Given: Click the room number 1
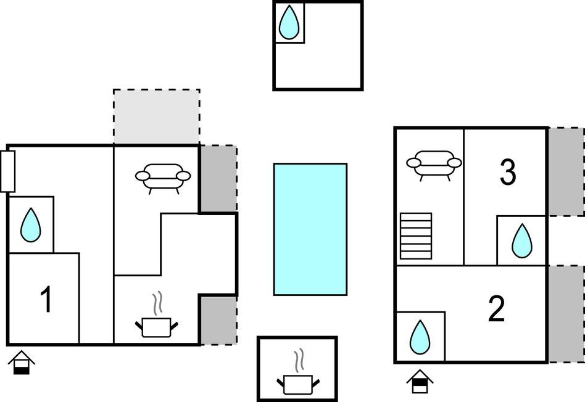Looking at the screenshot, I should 46,300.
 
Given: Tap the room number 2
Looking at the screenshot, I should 496,310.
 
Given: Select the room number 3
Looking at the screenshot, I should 507,173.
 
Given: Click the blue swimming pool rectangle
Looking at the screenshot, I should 310,229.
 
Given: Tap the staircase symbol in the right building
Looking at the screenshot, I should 416,236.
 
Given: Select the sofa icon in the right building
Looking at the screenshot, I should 434,165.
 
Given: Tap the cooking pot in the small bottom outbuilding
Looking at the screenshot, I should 299,380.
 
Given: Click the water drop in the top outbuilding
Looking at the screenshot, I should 289,23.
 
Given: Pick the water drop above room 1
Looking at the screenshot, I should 30,225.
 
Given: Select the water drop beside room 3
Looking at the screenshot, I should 521,241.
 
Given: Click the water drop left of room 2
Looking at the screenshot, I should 420,337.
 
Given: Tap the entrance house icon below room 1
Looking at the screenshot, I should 22,363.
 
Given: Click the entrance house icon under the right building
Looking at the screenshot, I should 420,381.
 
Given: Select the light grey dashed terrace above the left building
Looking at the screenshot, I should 156,117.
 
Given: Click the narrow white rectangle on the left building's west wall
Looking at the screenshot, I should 8,171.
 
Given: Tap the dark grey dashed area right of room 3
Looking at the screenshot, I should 565,171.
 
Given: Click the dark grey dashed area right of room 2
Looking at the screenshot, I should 565,314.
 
